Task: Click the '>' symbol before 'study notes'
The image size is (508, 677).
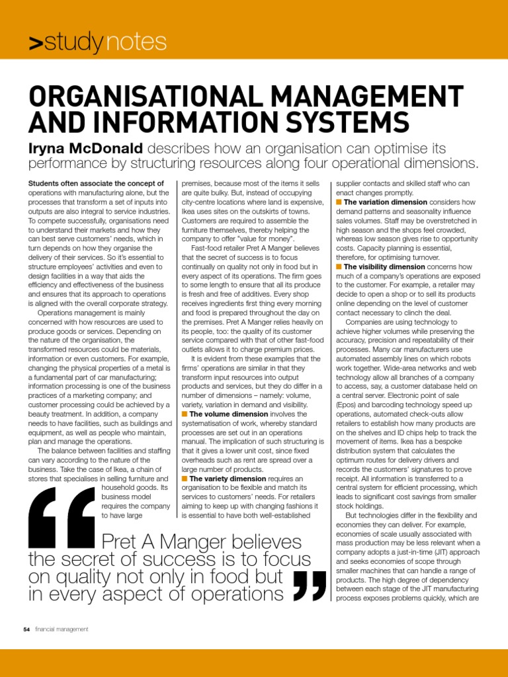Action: click(x=36, y=44)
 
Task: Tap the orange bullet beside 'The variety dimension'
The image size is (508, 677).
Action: click(x=184, y=478)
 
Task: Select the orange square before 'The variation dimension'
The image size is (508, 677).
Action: click(x=339, y=202)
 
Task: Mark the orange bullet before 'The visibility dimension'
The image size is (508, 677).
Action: click(x=339, y=266)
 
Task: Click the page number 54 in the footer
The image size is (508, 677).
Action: click(x=26, y=629)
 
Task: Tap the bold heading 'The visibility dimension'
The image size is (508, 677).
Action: click(x=384, y=266)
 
